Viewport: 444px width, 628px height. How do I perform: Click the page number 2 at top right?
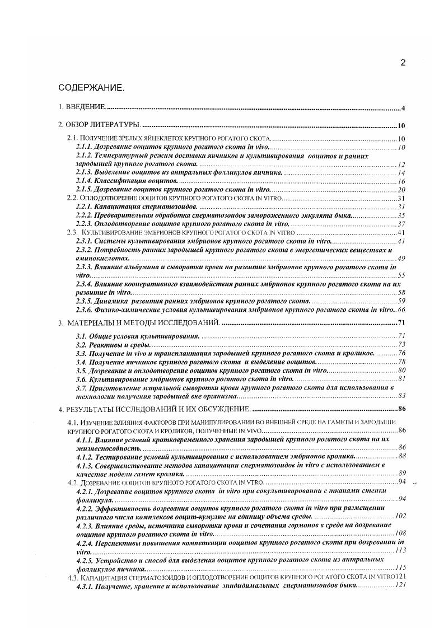[403, 63]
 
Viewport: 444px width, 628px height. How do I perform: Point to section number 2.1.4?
[84, 182]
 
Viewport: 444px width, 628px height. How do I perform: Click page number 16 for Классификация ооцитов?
[401, 182]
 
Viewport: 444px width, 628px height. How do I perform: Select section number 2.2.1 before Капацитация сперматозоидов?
[84, 207]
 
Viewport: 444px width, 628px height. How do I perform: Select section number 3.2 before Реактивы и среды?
[81, 344]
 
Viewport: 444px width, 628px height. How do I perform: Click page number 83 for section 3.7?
[401, 395]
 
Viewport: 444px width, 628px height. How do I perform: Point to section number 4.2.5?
[84, 559]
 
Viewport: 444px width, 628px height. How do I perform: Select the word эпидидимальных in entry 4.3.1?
[251, 585]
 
